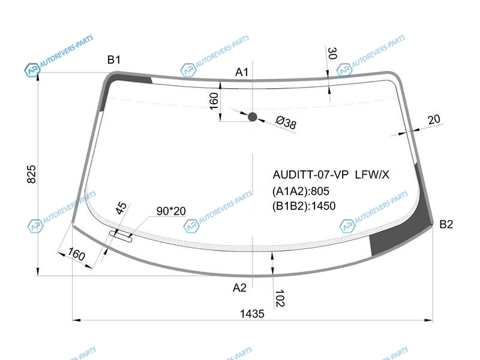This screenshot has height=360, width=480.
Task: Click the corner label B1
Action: (x=114, y=59)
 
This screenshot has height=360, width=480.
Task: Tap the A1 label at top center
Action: (x=242, y=72)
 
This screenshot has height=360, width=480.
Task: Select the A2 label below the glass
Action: (x=239, y=288)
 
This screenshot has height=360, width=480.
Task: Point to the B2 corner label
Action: (x=446, y=224)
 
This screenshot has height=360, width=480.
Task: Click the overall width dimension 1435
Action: (x=252, y=314)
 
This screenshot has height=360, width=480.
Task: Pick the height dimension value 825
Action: (x=32, y=174)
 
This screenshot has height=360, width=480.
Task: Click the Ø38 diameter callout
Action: (x=286, y=123)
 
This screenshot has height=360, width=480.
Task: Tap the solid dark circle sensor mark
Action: (x=253, y=116)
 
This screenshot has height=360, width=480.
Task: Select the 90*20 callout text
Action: (x=171, y=211)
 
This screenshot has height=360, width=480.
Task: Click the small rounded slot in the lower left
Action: (x=121, y=236)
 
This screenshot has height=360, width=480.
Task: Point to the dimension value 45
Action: (x=121, y=208)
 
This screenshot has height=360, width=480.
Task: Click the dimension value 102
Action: (x=280, y=298)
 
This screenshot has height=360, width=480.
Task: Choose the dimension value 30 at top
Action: (x=332, y=53)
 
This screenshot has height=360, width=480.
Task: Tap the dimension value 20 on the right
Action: (x=434, y=119)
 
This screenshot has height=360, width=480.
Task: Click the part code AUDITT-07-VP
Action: (x=310, y=175)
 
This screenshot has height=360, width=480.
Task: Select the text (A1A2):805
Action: (x=301, y=191)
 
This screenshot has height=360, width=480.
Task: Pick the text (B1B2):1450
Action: (x=304, y=206)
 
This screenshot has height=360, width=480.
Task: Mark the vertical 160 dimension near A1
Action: (x=214, y=101)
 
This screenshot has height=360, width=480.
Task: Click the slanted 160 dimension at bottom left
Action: (x=76, y=254)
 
